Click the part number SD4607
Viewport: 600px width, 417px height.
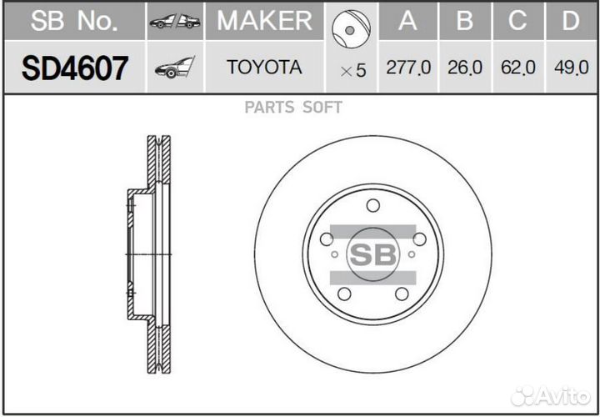click(x=75, y=68)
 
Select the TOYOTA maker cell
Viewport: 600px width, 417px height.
click(x=264, y=68)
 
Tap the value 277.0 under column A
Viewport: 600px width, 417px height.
click(x=408, y=68)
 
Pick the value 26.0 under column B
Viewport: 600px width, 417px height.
click(x=465, y=68)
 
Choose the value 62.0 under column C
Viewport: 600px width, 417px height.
click(x=517, y=68)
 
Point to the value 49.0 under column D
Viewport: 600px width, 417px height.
click(x=571, y=68)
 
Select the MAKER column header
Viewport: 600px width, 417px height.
click(x=264, y=21)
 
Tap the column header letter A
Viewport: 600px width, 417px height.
click(x=407, y=21)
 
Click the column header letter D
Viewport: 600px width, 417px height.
click(x=571, y=21)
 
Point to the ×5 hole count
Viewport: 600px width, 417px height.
click(x=352, y=71)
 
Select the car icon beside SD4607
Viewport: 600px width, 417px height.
click(x=174, y=68)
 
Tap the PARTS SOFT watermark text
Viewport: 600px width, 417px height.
click(x=293, y=107)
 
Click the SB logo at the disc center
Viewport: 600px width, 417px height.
click(x=372, y=254)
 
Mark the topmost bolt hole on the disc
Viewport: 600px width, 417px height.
click(x=372, y=205)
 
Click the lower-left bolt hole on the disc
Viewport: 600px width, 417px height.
click(x=344, y=294)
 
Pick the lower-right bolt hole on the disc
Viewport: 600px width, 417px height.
click(x=402, y=294)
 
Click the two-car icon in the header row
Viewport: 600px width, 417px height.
click(x=174, y=22)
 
